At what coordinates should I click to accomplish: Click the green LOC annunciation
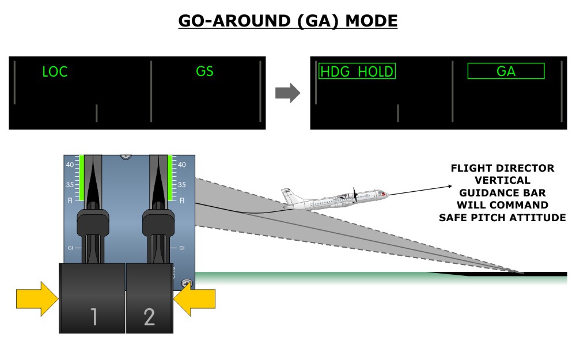[x=55, y=72]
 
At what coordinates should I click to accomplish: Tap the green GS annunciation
[x=204, y=72]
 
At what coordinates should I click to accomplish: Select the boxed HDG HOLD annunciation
[x=357, y=71]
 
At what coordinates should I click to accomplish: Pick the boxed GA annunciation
[x=506, y=71]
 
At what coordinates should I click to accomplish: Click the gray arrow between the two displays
[x=287, y=92]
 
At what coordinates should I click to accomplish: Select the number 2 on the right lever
[x=149, y=316]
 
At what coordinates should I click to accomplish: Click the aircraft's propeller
[x=355, y=196]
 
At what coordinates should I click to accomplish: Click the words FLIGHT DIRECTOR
[x=502, y=168]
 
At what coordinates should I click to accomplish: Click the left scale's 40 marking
[x=70, y=164]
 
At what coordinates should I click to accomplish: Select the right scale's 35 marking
[x=182, y=185]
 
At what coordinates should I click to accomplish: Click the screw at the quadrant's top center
[x=126, y=156]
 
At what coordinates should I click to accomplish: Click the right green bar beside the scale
[x=171, y=176]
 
